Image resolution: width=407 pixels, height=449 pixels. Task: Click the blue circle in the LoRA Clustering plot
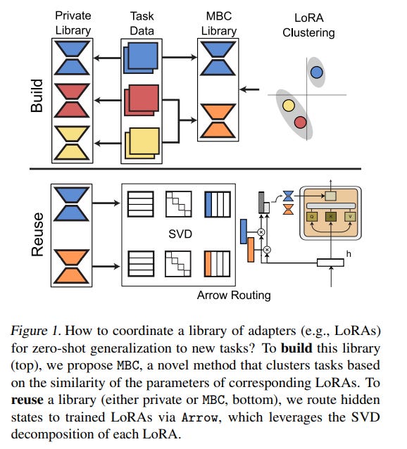pyautogui.click(x=316, y=72)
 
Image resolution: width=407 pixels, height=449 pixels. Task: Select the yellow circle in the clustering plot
pyautogui.click(x=289, y=106)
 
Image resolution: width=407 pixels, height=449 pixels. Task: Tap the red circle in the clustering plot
pyautogui.click(x=300, y=122)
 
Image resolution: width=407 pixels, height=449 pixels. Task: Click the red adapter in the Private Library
pyautogui.click(x=72, y=100)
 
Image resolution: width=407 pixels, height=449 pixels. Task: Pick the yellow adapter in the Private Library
pyautogui.click(x=72, y=143)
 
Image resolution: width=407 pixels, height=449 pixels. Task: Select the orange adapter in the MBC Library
pyautogui.click(x=218, y=120)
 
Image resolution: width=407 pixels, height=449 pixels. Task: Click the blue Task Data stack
pyautogui.click(x=141, y=58)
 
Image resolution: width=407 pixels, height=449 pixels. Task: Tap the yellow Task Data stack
pyautogui.click(x=142, y=143)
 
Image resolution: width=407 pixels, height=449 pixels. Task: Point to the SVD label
pyautogui.click(x=180, y=234)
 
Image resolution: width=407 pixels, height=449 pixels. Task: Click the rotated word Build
pyautogui.click(x=37, y=96)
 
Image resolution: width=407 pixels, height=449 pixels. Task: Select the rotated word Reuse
pyautogui.click(x=37, y=234)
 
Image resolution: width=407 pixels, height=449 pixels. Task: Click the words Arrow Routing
pyautogui.click(x=234, y=296)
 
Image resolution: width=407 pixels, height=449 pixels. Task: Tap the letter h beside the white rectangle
pyautogui.click(x=349, y=254)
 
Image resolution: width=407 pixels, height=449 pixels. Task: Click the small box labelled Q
pyautogui.click(x=312, y=217)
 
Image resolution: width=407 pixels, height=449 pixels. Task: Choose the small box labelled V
pyautogui.click(x=350, y=217)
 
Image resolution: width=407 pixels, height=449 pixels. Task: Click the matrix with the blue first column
pyautogui.click(x=218, y=204)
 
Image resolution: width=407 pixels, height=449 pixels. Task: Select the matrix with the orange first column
pyautogui.click(x=217, y=264)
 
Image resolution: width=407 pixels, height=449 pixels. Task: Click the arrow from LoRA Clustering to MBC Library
pyautogui.click(x=249, y=89)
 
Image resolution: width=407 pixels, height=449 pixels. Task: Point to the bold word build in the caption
pyautogui.click(x=296, y=348)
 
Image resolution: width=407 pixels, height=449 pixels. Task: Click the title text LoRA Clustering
pyautogui.click(x=308, y=25)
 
